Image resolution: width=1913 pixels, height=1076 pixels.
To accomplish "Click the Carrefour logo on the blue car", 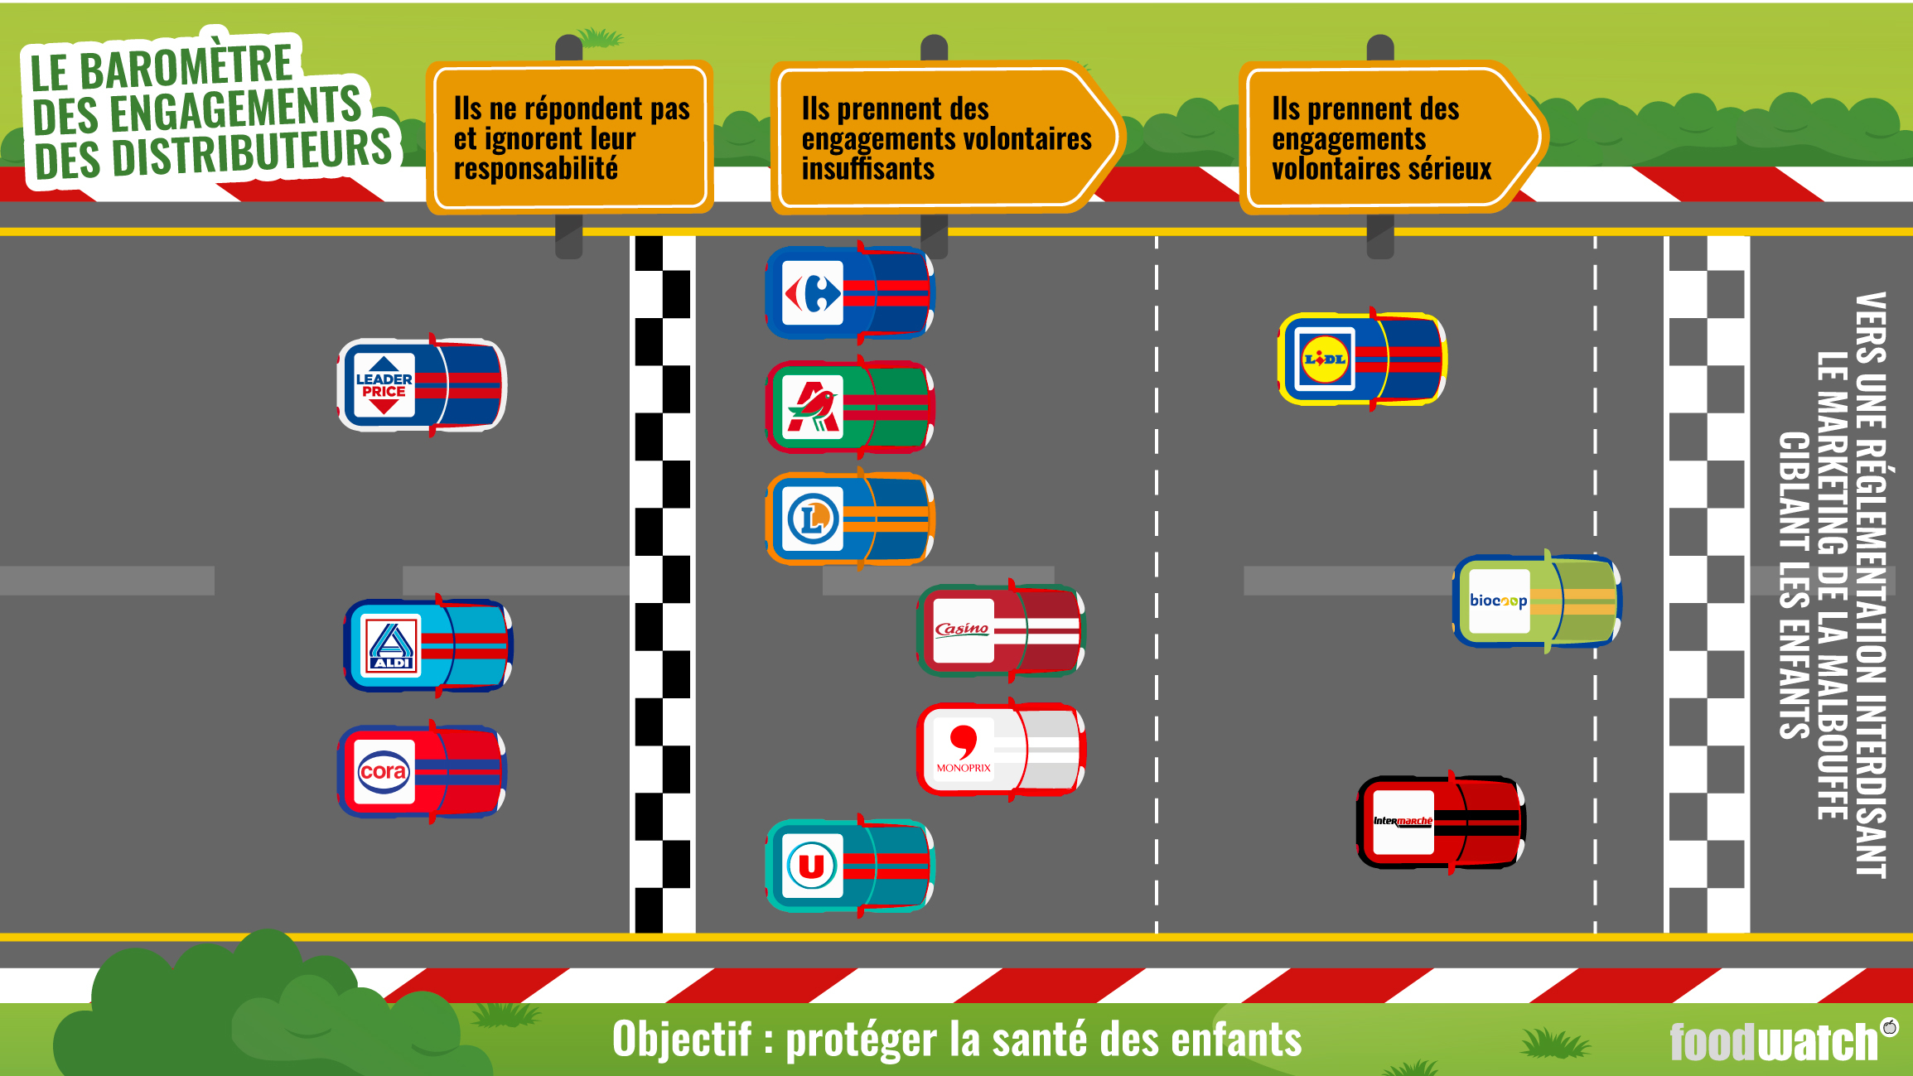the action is point(813,293).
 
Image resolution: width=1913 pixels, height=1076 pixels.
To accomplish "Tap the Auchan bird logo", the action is point(813,407).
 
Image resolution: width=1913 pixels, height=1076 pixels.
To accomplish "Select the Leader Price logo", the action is point(384,385).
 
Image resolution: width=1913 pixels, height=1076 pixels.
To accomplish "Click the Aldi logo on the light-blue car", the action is point(391,646).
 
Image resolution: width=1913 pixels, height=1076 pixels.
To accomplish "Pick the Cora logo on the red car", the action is point(384,772).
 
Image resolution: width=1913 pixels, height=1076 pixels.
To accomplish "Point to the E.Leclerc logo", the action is point(813,520).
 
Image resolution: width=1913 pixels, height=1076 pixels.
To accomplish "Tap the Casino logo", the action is point(963,630).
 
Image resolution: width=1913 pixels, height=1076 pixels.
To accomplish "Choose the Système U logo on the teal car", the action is point(812,866).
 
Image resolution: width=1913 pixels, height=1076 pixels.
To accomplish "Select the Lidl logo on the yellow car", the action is point(1324,359).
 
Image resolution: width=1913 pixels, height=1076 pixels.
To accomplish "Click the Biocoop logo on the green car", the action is point(1499,601).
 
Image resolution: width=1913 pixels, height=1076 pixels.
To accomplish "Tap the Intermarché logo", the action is point(1403,822).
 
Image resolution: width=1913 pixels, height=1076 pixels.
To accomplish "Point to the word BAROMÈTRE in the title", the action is point(186,66).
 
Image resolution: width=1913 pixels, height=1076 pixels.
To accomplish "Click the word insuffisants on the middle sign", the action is point(868,169).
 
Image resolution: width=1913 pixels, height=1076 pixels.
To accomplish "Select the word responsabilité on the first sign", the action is point(536,169).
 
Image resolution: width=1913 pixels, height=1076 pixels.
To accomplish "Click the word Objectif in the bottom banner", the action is point(682,1039).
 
